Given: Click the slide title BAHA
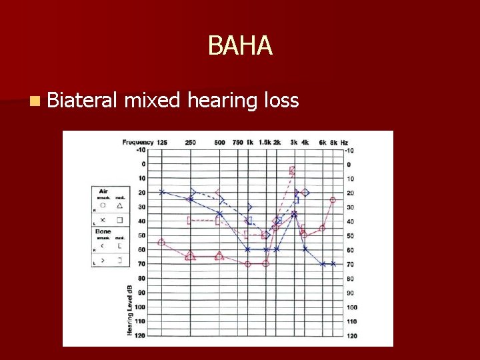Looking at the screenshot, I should pos(240,46).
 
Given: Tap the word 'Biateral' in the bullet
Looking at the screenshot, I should pos(83,101).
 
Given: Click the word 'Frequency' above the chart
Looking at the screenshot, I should pos(137,142).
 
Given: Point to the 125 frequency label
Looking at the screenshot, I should pos(163,142).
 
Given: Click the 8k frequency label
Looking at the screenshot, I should pos(333,143).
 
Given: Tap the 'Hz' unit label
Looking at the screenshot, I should pos(344,143).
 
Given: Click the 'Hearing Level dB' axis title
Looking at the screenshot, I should pos(129,310).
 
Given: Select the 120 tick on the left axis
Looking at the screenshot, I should pos(140,335).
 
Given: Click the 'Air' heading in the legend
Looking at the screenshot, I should pos(103,191).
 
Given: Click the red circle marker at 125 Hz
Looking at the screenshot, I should pos(161,242).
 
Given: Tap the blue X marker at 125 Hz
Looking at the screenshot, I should pos(162,192).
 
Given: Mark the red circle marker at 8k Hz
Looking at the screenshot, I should pos(333,200).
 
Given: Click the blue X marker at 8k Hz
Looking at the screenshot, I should pos(333,264).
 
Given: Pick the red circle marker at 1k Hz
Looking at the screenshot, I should pos(248,264).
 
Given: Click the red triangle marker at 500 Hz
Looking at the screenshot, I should pos(219,256).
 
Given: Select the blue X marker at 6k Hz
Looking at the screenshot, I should pos(323,264).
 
